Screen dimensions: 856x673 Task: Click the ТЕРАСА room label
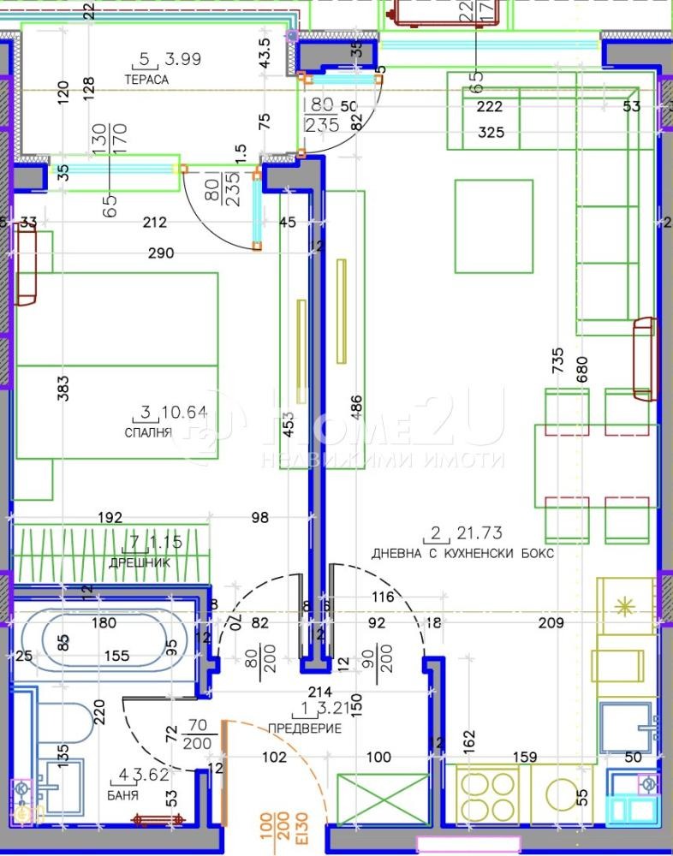point(146,80)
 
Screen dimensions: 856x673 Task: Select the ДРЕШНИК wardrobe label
point(139,562)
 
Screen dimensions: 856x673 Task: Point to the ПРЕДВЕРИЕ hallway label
point(305,728)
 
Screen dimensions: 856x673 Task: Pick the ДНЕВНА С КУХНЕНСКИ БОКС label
point(462,554)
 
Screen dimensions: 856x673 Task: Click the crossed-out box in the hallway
point(383,800)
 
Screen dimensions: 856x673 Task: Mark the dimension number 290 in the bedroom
point(161,253)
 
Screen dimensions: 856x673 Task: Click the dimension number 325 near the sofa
point(491,132)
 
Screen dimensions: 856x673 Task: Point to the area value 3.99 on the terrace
point(182,59)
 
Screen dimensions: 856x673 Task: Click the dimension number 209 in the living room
point(551,624)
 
